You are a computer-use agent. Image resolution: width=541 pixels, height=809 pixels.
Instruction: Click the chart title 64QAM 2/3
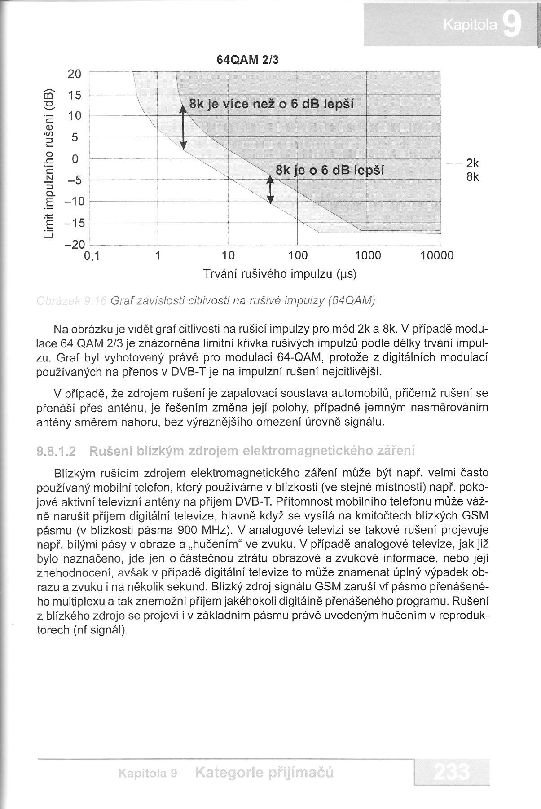pyautogui.click(x=247, y=60)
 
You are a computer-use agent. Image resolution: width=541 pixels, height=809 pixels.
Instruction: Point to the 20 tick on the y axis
pyautogui.click(x=75, y=74)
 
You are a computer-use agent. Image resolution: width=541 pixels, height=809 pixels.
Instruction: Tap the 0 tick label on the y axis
pyautogui.click(x=75, y=159)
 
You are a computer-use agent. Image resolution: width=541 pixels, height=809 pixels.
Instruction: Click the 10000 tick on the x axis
pyautogui.click(x=437, y=256)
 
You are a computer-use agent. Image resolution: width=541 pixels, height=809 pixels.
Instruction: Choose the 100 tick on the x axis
pyautogui.click(x=297, y=256)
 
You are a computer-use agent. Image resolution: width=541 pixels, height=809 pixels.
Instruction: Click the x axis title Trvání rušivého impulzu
pyautogui.click(x=280, y=273)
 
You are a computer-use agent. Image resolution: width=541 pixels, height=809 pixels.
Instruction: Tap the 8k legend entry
pyautogui.click(x=473, y=177)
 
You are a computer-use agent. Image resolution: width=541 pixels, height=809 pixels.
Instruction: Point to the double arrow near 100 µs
pyautogui.click(x=270, y=189)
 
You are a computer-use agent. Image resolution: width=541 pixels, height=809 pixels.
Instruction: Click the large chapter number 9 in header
pyautogui.click(x=512, y=26)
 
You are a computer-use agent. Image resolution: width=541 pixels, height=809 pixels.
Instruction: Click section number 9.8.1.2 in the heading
pyautogui.click(x=56, y=451)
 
